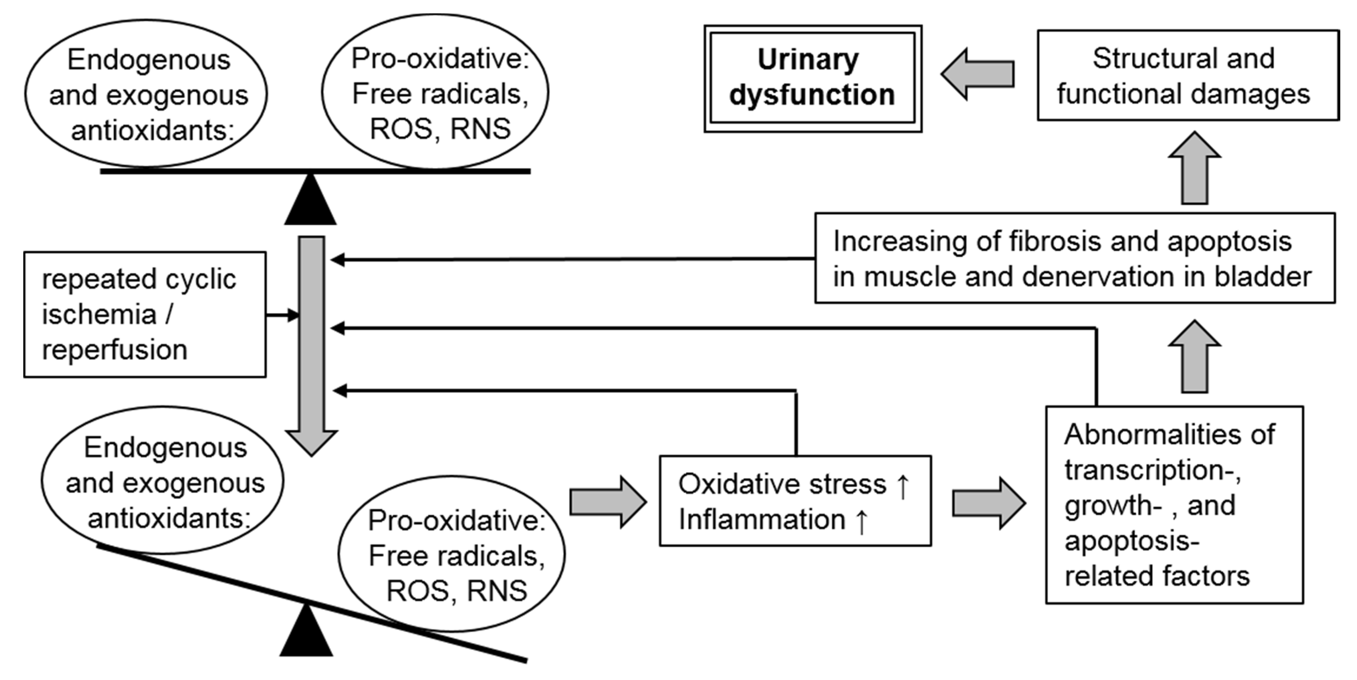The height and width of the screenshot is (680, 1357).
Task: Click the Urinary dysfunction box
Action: coord(813,78)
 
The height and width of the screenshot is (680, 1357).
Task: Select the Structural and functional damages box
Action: coord(1188,75)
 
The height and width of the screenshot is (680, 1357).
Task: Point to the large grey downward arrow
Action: coord(311,342)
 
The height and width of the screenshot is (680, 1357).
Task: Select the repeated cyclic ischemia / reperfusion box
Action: coord(145,315)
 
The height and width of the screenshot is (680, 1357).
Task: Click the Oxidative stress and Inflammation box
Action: coord(795,501)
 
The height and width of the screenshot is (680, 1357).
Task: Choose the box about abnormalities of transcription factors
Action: coord(1174,505)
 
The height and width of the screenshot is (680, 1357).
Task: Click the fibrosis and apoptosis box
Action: coord(1075,258)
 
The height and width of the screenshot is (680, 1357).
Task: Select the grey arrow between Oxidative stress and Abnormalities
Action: coord(988,503)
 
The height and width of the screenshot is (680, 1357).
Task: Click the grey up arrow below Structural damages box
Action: coord(1194,168)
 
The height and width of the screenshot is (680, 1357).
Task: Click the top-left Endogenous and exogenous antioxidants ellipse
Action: coord(146,94)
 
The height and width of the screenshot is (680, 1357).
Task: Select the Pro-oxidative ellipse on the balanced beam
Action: coord(435,92)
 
